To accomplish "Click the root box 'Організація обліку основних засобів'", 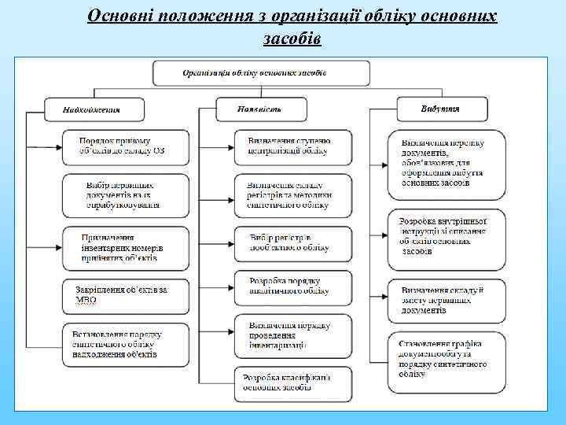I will tap(261, 73).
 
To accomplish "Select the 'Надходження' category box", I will tap(94, 109).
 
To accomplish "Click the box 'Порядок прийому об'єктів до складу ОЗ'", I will tap(126, 146).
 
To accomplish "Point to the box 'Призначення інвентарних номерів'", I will tap(126, 246).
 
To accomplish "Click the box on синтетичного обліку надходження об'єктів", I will tap(126, 344).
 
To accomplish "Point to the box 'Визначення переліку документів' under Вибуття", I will tap(446, 164).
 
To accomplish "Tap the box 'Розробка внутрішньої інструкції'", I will tap(446, 237).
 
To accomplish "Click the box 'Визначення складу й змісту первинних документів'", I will tap(446, 300).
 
